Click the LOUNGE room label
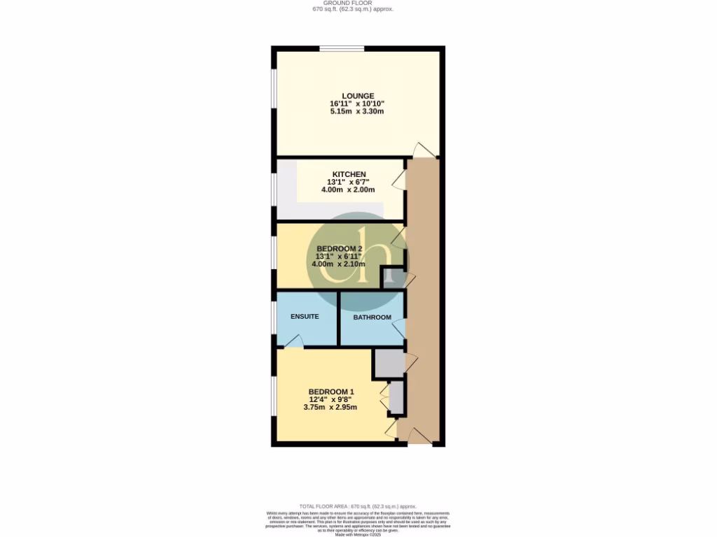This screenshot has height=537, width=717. coord(358,96)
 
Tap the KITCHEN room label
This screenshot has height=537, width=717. coord(349,174)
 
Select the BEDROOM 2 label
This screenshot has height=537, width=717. coord(339,248)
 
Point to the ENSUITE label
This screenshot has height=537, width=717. coord(305,317)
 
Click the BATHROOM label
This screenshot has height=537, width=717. coord(372,317)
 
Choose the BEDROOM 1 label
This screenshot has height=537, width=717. coord(331,392)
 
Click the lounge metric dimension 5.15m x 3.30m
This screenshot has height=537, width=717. coord(358,112)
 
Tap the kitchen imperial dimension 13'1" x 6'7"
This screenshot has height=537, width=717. coord(349,182)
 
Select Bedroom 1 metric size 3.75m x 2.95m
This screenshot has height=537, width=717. coord(330,408)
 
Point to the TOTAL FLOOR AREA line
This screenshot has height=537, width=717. coord(358,506)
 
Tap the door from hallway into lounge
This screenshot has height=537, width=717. coord(424,150)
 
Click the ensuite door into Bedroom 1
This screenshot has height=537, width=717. coord(293,341)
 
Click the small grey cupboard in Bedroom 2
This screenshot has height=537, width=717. coord(391,278)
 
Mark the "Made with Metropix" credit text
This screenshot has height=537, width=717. coord(358,534)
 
